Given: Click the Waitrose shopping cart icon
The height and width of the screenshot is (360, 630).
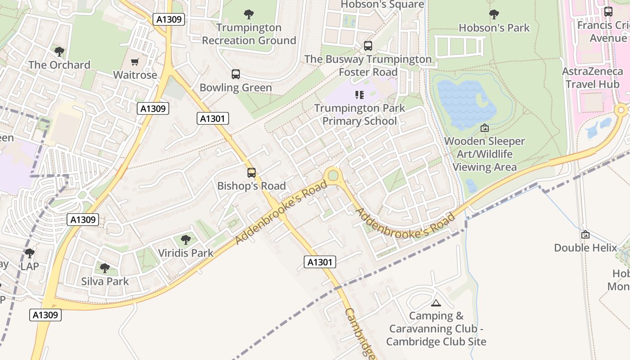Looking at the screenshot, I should point(135,62).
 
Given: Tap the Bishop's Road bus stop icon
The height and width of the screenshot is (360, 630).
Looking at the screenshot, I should point(252,172).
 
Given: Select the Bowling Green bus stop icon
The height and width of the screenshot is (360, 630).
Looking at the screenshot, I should point(236,74).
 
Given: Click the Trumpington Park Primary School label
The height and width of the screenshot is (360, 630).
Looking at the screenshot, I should point(360,115).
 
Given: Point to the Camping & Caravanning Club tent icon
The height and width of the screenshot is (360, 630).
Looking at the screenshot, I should point(436,303).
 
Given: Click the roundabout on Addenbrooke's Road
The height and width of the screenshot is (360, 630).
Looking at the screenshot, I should point(333,175).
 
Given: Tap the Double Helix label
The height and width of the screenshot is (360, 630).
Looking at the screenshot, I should point(585,247).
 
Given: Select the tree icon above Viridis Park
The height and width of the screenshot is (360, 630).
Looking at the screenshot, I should point(186,239).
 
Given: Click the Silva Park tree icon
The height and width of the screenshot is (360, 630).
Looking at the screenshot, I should point(105,268).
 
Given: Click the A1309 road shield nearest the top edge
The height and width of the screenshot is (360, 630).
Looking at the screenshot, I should point(169,19).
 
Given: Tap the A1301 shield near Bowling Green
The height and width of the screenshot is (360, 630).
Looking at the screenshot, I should point(213,118).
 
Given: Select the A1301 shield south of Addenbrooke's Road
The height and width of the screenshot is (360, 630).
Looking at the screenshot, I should point(320,262).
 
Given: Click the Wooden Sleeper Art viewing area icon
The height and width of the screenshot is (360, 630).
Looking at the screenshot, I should point(485,128).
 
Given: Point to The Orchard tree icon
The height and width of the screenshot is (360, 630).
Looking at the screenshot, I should point(59,51).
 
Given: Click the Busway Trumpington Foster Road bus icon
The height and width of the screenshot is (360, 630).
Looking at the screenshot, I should point(368,45).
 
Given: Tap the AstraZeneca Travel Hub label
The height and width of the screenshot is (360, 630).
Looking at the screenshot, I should point(592,77).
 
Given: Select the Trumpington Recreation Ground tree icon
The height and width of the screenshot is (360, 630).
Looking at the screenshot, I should point(248,14).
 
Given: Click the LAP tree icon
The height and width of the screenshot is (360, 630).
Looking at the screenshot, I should point(30,253).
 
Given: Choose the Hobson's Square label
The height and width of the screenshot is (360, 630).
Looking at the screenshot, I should point(382,4).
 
